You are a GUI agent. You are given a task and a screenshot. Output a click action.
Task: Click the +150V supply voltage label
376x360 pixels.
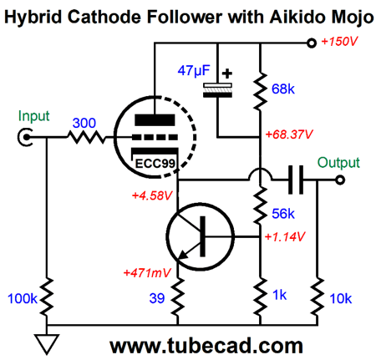(x=339, y=42)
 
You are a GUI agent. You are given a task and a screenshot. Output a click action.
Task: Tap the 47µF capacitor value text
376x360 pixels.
(x=194, y=70)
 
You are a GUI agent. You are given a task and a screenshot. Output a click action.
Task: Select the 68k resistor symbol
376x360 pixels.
(x=260, y=91)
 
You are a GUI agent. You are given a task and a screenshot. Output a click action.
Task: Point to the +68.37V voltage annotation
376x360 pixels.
(x=289, y=134)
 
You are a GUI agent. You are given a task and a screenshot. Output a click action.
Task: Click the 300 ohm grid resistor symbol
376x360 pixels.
(x=86, y=137)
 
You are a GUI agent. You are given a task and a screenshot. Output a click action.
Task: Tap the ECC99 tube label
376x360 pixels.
(x=155, y=164)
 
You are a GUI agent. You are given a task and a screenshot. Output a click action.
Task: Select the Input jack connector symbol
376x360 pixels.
(x=26, y=137)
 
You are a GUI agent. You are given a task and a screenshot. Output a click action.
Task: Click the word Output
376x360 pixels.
(x=338, y=163)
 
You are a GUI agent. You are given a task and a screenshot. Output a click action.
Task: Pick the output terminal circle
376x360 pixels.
(x=340, y=180)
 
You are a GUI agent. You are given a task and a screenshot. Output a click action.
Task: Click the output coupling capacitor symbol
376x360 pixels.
(x=296, y=180)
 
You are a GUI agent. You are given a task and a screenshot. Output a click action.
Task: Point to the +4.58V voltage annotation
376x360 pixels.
(x=152, y=195)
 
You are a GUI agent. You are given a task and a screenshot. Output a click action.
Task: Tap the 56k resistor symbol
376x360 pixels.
(x=260, y=205)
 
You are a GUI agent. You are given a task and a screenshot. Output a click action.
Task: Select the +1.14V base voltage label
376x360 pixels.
(x=285, y=236)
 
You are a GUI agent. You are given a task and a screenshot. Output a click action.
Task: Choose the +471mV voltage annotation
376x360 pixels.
(x=147, y=273)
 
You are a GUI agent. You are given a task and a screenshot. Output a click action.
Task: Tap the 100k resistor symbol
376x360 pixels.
(x=47, y=297)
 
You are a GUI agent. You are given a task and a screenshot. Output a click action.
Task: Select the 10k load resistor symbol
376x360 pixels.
(x=318, y=297)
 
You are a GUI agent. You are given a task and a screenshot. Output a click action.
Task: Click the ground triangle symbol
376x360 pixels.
(x=47, y=344)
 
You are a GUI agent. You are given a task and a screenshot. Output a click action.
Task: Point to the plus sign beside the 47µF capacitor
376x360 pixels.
(x=227, y=74)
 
